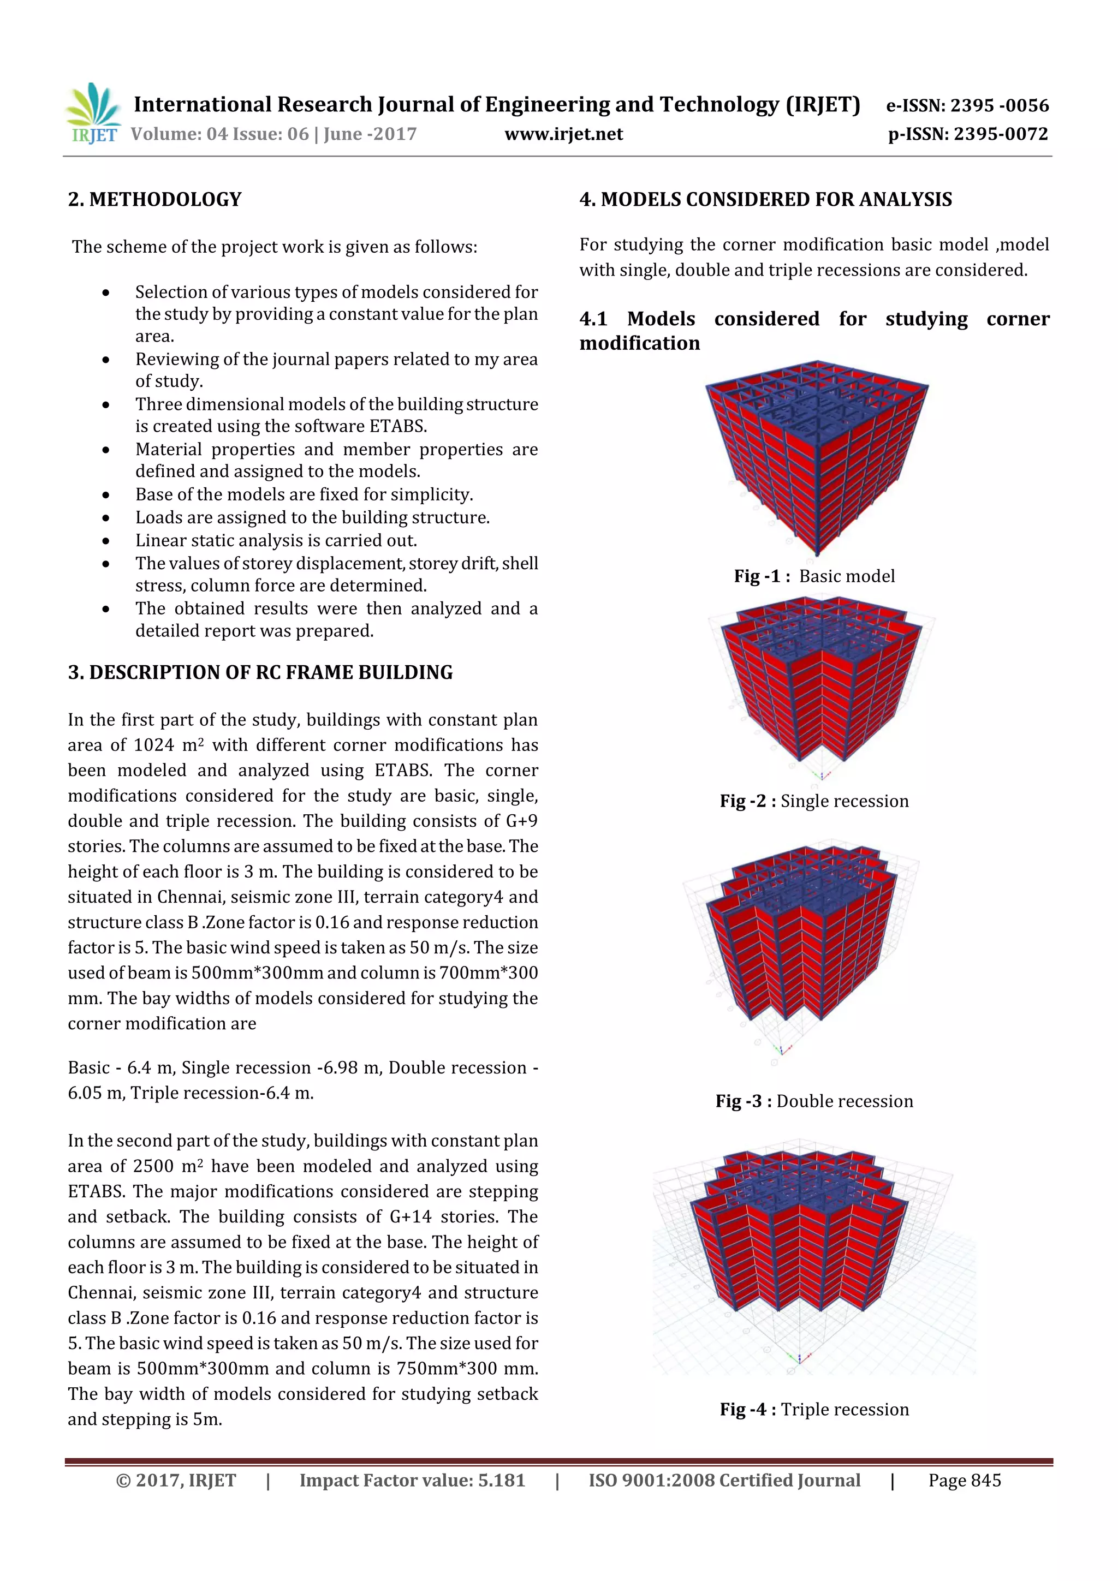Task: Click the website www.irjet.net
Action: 563,134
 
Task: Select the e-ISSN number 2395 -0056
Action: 1000,105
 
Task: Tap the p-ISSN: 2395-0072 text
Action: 968,134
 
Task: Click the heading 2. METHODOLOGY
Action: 155,200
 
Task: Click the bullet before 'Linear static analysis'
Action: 105,540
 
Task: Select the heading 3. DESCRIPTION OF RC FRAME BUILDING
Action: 260,673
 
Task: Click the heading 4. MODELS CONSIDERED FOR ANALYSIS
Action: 765,200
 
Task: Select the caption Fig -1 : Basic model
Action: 814,576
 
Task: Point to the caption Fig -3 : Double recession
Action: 814,1101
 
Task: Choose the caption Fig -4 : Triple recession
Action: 814,1410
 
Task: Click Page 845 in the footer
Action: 965,1481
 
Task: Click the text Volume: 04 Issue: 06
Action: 219,134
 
